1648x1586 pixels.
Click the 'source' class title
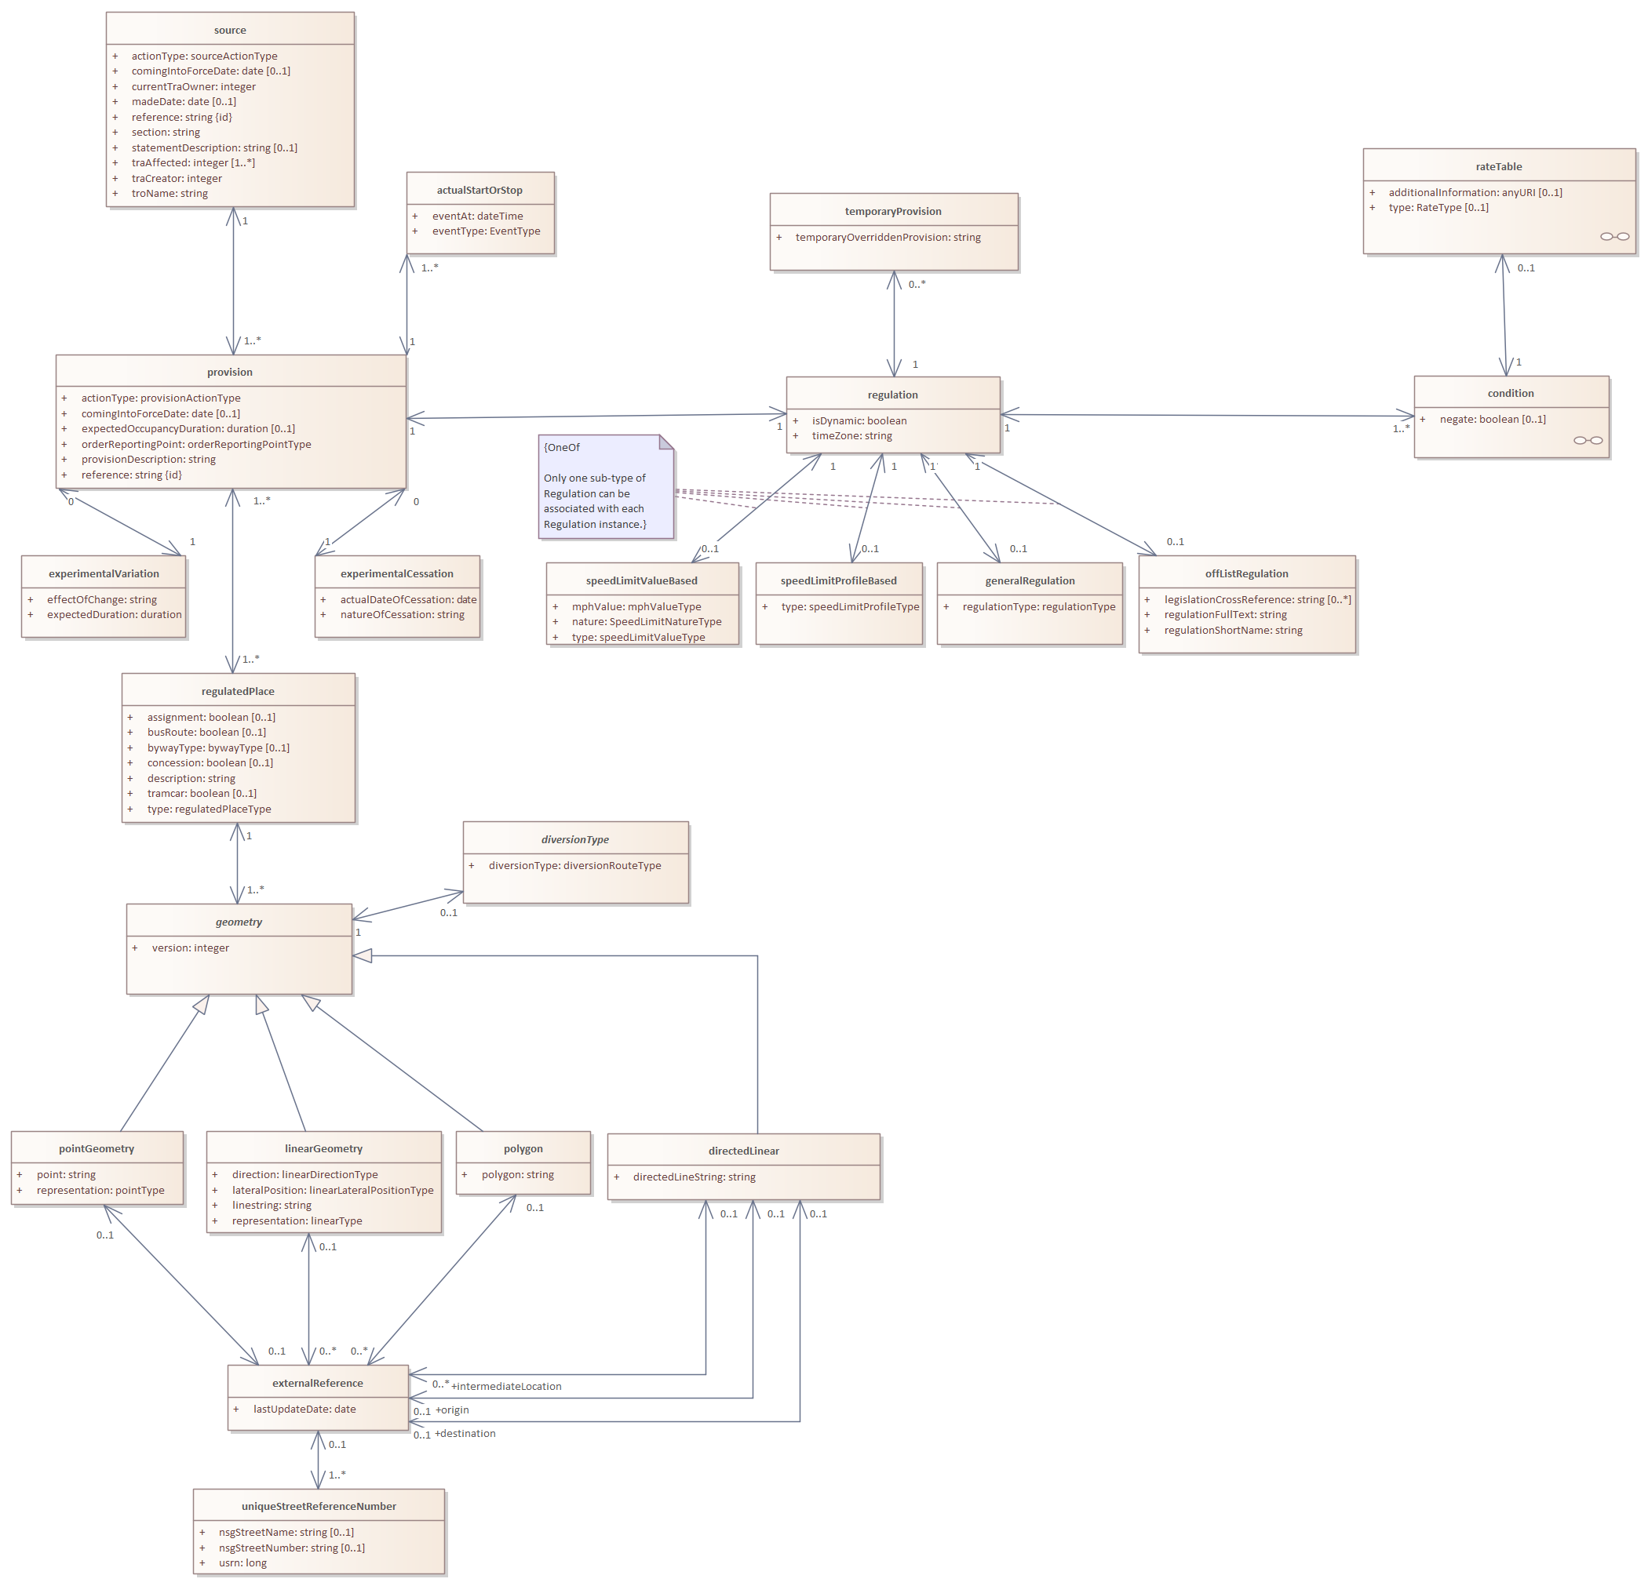tap(229, 31)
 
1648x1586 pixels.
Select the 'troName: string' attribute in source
tap(169, 193)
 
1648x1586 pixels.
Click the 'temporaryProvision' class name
tap(893, 212)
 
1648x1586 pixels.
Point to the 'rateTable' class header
tap(1498, 166)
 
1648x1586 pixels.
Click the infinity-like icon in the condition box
tap(1588, 440)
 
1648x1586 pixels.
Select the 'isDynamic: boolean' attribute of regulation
tap(859, 420)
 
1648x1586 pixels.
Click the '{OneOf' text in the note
tap(562, 448)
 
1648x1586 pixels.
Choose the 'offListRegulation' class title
tap(1246, 574)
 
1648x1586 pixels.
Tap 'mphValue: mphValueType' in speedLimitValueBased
tap(636, 607)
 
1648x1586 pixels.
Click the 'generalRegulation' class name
tap(1029, 580)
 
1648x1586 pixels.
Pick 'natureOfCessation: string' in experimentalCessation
tap(402, 614)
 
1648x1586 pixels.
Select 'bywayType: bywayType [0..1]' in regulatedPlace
tap(218, 748)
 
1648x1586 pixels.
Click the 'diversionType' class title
tap(575, 839)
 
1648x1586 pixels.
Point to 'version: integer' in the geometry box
tap(190, 948)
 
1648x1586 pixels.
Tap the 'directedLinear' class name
tap(743, 1151)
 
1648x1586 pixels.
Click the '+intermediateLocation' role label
tap(506, 1386)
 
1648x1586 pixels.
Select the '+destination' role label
tap(465, 1433)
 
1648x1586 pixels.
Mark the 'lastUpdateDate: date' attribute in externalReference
tap(304, 1409)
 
